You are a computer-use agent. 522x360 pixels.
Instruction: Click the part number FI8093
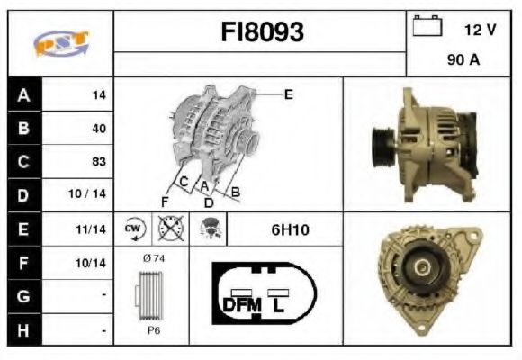click(x=262, y=33)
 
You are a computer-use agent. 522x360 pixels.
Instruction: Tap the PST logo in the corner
click(x=60, y=43)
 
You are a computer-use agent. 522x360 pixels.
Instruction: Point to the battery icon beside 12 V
click(x=425, y=27)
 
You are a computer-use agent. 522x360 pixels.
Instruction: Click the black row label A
click(x=22, y=94)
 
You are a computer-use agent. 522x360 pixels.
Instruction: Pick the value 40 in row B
click(x=98, y=128)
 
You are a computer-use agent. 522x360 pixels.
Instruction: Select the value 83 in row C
click(x=98, y=162)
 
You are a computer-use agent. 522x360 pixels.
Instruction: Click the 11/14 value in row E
click(x=93, y=229)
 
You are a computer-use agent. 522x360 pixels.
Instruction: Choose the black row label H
click(x=22, y=331)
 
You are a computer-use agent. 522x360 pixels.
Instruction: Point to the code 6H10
click(x=290, y=230)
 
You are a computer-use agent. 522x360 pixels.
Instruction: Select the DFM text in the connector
click(x=241, y=304)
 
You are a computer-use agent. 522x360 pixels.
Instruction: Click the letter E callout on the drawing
click(x=289, y=94)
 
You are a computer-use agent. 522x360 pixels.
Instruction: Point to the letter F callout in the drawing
click(x=165, y=201)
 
